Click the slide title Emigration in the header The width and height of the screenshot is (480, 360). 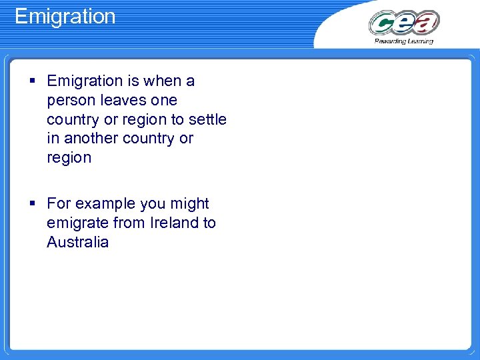pos(65,16)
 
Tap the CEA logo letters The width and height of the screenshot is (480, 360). pos(404,23)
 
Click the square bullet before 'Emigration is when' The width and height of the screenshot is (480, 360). pos(33,81)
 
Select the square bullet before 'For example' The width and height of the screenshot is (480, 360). pos(33,204)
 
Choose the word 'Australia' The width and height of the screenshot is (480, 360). pos(77,242)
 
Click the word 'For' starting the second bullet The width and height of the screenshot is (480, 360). pos(59,204)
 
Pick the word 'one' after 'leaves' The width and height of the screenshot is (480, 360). pos(164,101)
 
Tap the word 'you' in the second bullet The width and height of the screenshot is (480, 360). pos(153,204)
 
